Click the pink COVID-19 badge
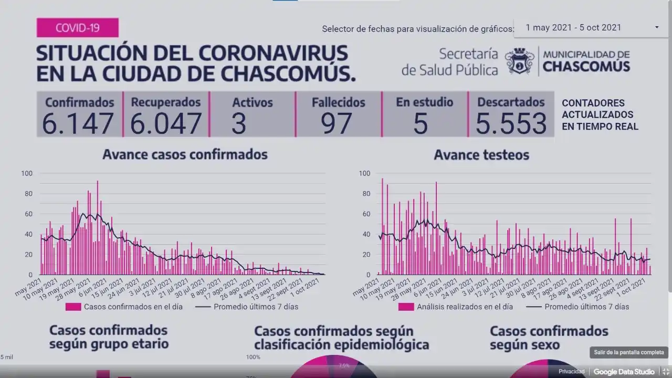tap(77, 28)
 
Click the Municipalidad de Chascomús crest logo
tap(519, 61)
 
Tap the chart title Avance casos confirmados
tap(185, 154)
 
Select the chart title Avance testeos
tap(481, 155)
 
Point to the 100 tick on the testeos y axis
tap(364, 173)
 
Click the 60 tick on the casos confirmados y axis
tap(27, 214)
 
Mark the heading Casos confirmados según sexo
tap(549, 338)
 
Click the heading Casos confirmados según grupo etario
tap(109, 337)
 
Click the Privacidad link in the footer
tap(571, 372)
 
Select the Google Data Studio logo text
tap(624, 372)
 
